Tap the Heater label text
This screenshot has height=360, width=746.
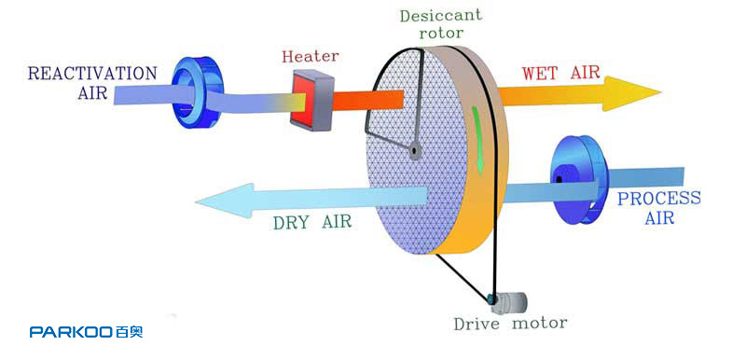pyautogui.click(x=311, y=56)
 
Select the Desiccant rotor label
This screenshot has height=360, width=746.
pyautogui.click(x=441, y=23)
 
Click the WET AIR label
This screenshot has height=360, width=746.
pyautogui.click(x=560, y=73)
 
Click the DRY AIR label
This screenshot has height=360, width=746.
pyautogui.click(x=312, y=222)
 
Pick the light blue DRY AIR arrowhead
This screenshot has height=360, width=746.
pyautogui.click(x=224, y=201)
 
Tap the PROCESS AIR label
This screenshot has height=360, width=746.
pyautogui.click(x=659, y=207)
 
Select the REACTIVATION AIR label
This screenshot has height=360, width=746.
pyautogui.click(x=92, y=82)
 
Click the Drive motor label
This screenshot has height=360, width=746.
pyautogui.click(x=510, y=324)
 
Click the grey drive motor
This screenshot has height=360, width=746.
pyautogui.click(x=508, y=302)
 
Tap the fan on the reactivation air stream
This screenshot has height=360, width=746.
pyautogui.click(x=197, y=92)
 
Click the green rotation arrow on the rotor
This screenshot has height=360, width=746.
pyautogui.click(x=477, y=140)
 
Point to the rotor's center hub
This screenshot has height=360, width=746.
pyautogui.click(x=415, y=151)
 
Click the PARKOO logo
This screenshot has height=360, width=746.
pyautogui.click(x=86, y=331)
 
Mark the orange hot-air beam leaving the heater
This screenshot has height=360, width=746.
pyautogui.click(x=367, y=100)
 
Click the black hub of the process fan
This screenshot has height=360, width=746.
pyautogui.click(x=559, y=179)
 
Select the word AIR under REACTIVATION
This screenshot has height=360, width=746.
pyautogui.click(x=92, y=92)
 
